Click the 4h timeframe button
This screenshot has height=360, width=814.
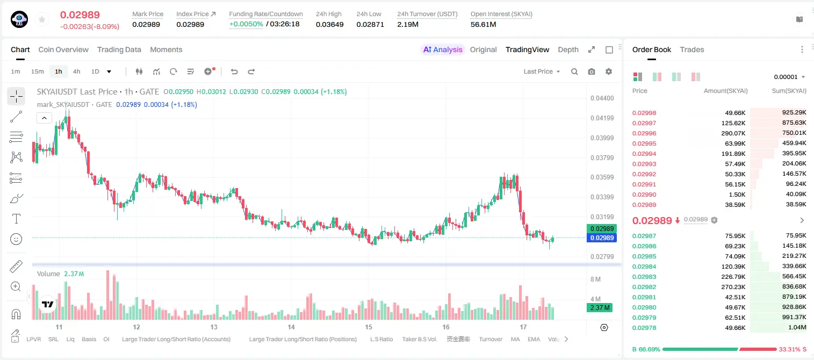[76, 71]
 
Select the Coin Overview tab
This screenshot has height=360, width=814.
[63, 49]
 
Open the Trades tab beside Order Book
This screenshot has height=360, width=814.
[692, 49]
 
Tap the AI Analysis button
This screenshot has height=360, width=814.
[443, 49]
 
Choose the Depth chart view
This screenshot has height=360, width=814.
[568, 49]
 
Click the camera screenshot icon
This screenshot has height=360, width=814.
[592, 71]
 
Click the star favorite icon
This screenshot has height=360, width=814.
[42, 19]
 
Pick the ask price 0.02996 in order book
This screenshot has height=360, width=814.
[644, 133]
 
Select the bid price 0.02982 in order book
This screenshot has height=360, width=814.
[644, 287]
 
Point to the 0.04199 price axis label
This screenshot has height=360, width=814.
[602, 118]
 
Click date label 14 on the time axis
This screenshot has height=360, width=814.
[291, 327]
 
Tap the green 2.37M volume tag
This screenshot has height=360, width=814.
[600, 308]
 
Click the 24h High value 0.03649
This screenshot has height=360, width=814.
[329, 24]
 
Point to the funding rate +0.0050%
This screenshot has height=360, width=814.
[246, 24]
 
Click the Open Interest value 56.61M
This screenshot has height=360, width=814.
[484, 24]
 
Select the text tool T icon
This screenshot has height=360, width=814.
[16, 219]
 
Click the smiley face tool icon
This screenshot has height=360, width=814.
[16, 239]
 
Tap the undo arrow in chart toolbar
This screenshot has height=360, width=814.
[234, 71]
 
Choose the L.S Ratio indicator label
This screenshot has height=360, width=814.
[381, 339]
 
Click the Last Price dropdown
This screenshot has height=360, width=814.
[542, 71]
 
